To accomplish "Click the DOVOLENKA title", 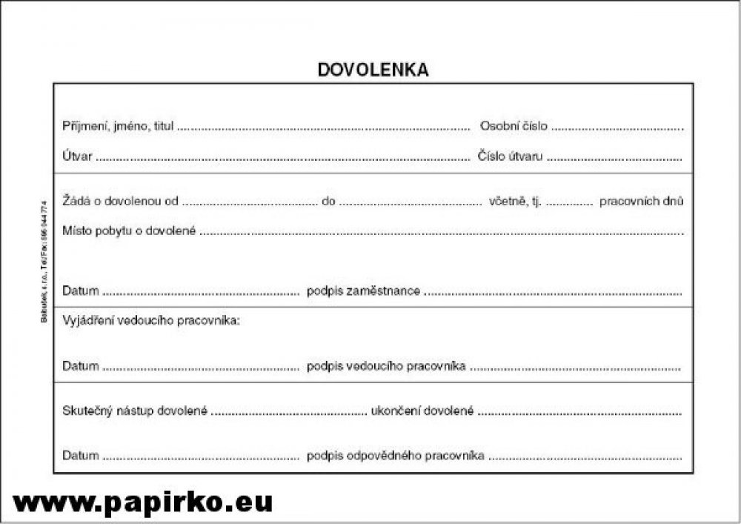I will (373, 70).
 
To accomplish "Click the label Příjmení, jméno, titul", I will (118, 126).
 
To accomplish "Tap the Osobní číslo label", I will (514, 126).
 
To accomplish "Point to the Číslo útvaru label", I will (510, 156).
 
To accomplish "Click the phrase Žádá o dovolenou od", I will (121, 201).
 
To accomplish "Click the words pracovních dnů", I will (641, 201).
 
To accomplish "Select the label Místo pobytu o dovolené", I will (130, 231).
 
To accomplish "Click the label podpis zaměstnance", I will (364, 291).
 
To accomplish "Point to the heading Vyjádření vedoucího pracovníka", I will (151, 321).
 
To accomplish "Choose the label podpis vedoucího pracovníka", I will (386, 366).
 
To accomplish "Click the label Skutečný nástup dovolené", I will (135, 411).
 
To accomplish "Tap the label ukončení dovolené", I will (422, 411).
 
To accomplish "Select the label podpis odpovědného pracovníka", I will (396, 455).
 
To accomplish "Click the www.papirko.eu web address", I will (143, 502).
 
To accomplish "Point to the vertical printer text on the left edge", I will (43, 259).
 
